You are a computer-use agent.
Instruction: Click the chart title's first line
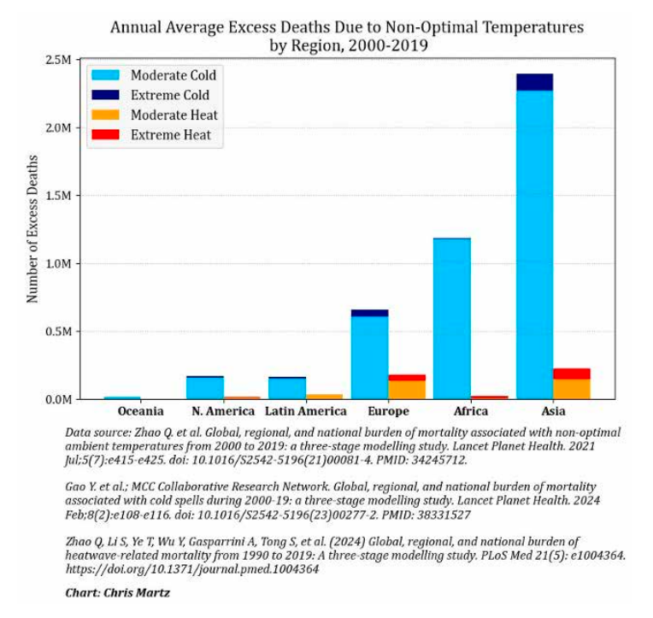tap(346, 27)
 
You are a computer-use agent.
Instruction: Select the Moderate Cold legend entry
tap(173, 75)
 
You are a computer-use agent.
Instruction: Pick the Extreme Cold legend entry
tap(169, 95)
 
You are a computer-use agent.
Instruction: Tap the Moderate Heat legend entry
tap(174, 115)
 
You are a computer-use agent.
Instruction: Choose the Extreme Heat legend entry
tap(170, 134)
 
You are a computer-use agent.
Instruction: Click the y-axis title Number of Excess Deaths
tap(32, 229)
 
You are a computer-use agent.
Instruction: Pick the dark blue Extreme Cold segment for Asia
tap(534, 82)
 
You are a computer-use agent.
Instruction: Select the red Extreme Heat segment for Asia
tap(571, 374)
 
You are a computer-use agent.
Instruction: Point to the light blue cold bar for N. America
tap(205, 388)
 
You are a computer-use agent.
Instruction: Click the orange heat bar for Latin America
tap(324, 397)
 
